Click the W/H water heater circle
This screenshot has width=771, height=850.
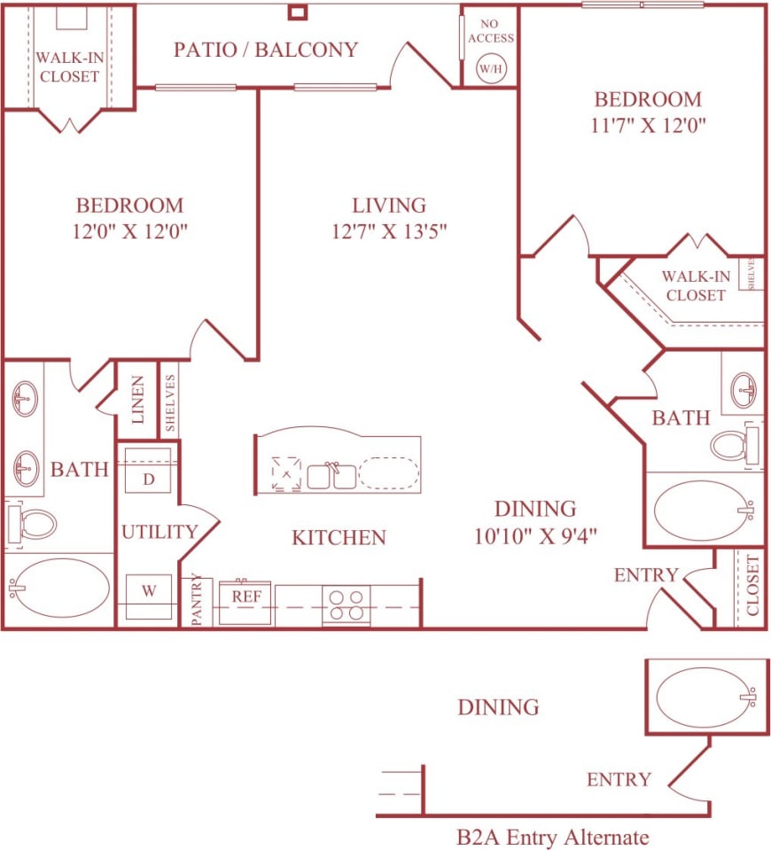[x=490, y=68]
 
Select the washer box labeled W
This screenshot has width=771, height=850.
[x=148, y=589]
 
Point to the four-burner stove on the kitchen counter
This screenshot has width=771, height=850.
[x=346, y=604]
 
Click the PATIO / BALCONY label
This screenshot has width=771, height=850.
[x=266, y=50]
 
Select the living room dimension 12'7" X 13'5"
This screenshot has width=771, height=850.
[x=389, y=232]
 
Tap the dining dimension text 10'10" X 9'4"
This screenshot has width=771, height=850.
[x=535, y=534]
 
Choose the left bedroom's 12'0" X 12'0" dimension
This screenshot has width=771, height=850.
[x=130, y=232]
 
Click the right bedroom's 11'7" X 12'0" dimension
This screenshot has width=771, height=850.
[x=649, y=125]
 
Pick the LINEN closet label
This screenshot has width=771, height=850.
[x=137, y=400]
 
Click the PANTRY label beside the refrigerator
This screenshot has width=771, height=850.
[x=197, y=600]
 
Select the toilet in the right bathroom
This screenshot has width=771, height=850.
[x=732, y=444]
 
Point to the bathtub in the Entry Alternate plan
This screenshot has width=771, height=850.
[x=705, y=697]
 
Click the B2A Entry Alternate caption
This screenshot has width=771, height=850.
[x=553, y=837]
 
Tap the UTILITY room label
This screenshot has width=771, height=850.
[x=160, y=532]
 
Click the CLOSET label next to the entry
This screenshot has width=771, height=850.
[x=752, y=585]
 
